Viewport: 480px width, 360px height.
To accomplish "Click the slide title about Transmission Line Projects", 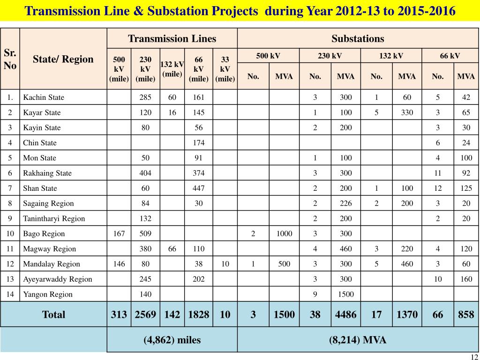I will (240, 10).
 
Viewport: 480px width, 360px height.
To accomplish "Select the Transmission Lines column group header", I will (172, 38).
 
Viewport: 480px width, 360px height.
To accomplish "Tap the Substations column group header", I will (358, 38).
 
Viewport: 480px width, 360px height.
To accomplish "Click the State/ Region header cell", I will (63, 59).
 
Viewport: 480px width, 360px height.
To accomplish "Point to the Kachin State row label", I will (44, 97).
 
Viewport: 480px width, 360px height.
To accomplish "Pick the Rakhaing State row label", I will (47, 173).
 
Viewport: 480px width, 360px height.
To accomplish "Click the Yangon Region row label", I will (48, 294).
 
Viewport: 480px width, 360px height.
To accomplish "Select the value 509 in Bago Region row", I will (145, 233).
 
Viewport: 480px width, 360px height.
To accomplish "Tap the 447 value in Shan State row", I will (198, 188).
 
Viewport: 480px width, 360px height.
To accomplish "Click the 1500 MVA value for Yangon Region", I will (346, 294).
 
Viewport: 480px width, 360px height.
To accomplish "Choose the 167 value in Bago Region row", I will (119, 233).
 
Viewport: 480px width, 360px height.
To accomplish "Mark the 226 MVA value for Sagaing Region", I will (346, 203).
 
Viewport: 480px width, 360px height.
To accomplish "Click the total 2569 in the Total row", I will (145, 315).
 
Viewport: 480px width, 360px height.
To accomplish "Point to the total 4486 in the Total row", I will (346, 315).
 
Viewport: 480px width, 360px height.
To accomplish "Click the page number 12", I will (474, 357).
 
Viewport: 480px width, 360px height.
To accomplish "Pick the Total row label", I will (54, 315).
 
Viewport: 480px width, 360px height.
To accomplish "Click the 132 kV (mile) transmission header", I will (172, 68).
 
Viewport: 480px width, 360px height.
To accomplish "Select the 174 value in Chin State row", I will (198, 142).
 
